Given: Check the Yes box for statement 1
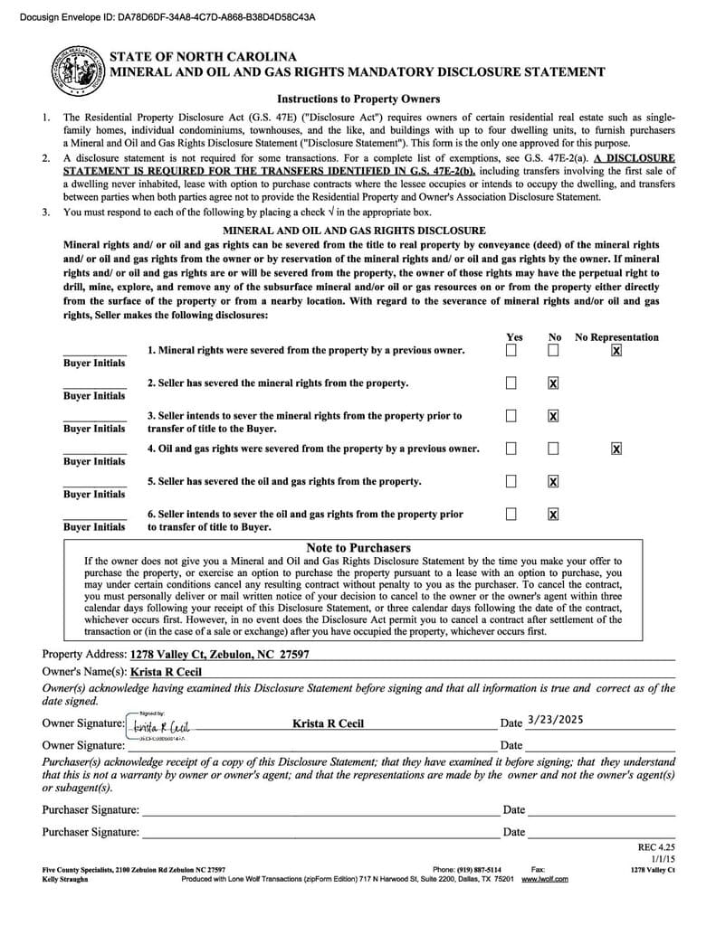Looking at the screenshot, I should (x=511, y=350).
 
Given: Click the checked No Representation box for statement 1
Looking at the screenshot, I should (x=616, y=350).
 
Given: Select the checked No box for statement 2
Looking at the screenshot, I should (x=553, y=383).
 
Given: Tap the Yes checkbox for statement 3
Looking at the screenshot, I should (x=511, y=416).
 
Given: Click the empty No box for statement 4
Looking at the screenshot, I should (x=553, y=449).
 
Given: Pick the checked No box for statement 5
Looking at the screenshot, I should (x=553, y=481).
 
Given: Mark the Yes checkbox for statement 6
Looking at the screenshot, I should (x=511, y=514).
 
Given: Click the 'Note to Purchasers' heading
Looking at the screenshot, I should (x=358, y=548).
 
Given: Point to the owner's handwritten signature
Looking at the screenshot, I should (x=160, y=725).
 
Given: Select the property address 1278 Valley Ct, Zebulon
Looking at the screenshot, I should (x=220, y=654).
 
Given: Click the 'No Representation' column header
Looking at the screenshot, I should (x=616, y=337).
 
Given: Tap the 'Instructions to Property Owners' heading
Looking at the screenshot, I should (x=358, y=99).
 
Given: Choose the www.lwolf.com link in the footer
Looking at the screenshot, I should (x=545, y=879).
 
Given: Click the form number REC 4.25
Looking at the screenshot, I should (x=657, y=847).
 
